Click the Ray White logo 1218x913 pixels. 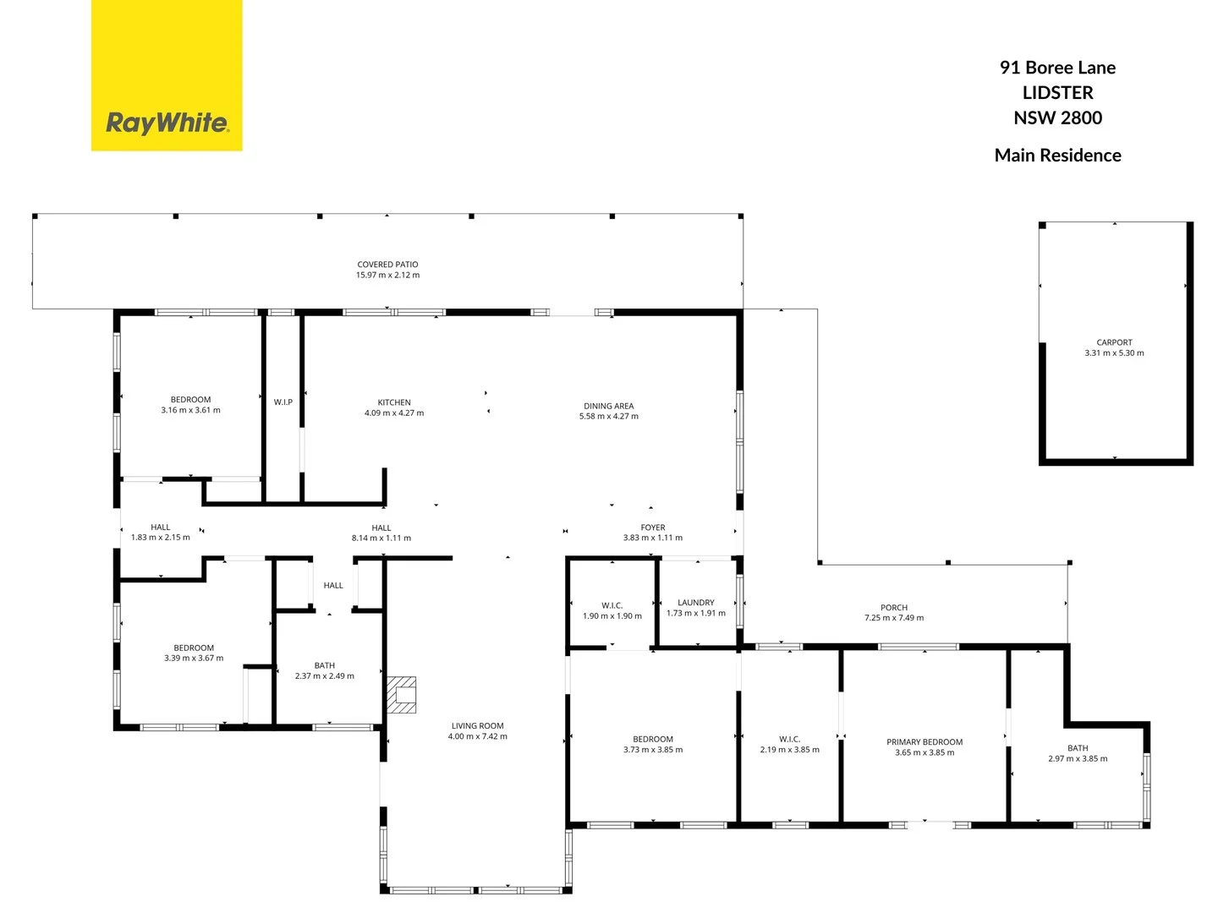click(167, 123)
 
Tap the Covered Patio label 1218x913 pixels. click(387, 265)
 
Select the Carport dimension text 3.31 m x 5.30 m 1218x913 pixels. click(1114, 353)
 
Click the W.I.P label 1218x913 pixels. click(283, 402)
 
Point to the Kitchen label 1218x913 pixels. click(394, 402)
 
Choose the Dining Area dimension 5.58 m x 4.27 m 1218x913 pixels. click(609, 417)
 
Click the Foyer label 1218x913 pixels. click(653, 528)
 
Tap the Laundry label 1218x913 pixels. click(696, 603)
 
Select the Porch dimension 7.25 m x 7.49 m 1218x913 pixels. click(894, 618)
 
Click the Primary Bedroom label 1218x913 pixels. click(924, 742)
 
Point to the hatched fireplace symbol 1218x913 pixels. click(402, 694)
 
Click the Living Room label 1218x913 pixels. click(478, 726)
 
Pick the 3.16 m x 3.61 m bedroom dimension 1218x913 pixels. click(191, 411)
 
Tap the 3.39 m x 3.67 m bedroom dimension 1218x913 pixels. click(194, 659)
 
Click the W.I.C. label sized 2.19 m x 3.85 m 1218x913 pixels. click(789, 740)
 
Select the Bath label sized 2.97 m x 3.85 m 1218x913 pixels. click(1078, 748)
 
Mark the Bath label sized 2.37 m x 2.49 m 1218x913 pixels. click(325, 666)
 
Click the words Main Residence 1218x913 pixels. click(1057, 156)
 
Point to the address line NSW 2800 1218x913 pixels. click(1057, 118)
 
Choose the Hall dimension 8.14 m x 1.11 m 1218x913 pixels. click(381, 539)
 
